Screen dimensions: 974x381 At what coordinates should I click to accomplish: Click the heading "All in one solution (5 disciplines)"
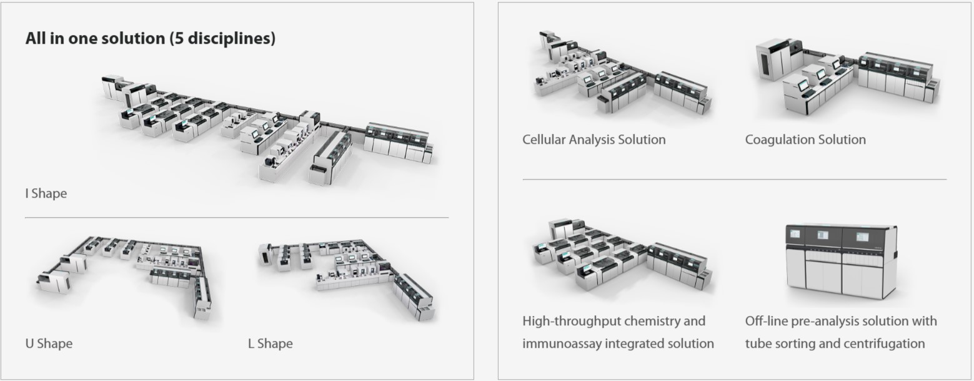click(x=151, y=38)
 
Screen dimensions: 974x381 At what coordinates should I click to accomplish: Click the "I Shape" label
click(x=46, y=193)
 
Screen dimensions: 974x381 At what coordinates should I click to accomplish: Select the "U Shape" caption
click(x=49, y=343)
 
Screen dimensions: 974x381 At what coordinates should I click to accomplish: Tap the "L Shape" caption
click(x=271, y=343)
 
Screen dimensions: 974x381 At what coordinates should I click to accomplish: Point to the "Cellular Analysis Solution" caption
click(x=594, y=140)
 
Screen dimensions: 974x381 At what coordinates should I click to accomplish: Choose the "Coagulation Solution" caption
click(x=805, y=140)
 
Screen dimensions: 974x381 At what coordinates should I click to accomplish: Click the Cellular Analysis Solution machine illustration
click(x=622, y=73)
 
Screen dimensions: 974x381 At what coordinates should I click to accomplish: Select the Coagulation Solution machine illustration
click(x=847, y=76)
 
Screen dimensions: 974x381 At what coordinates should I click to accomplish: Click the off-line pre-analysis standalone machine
click(x=842, y=262)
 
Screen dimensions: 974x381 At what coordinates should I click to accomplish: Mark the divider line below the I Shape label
click(x=237, y=217)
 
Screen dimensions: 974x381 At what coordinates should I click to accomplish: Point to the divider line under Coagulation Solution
click(x=735, y=179)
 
